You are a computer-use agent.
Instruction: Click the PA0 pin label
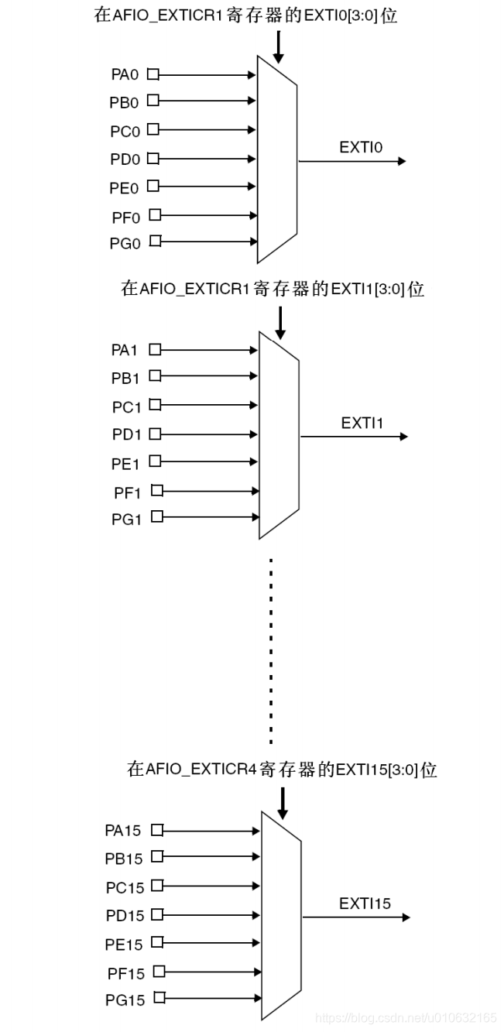pos(125,75)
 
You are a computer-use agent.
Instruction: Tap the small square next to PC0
pos(153,129)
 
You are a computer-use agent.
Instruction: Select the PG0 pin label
pos(125,243)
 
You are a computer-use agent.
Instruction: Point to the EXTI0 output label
pos(361,147)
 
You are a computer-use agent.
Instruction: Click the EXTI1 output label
pos(362,423)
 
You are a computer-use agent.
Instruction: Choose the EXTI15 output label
pos(365,903)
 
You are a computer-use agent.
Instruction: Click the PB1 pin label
pos(125,378)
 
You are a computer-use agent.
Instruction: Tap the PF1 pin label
pos(126,492)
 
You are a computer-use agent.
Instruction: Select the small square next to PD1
pos(155,433)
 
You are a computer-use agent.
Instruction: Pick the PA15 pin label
pos(123,831)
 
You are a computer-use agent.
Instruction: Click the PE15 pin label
pos(124,945)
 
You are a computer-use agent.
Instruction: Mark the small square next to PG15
pos(159,998)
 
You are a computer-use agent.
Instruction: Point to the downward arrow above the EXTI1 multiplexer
pos(280,322)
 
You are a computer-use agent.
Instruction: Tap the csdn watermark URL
pos(406,1017)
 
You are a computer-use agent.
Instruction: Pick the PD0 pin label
pos(125,159)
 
